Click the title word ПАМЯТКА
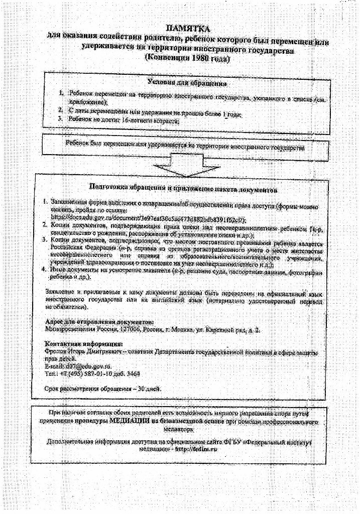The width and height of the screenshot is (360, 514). [x=187, y=30]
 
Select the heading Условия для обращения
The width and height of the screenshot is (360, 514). [x=187, y=82]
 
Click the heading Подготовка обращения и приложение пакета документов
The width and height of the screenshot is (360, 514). [x=183, y=189]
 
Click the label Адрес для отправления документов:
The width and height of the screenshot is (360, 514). [x=99, y=322]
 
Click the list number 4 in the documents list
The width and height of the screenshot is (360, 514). [x=44, y=270]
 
